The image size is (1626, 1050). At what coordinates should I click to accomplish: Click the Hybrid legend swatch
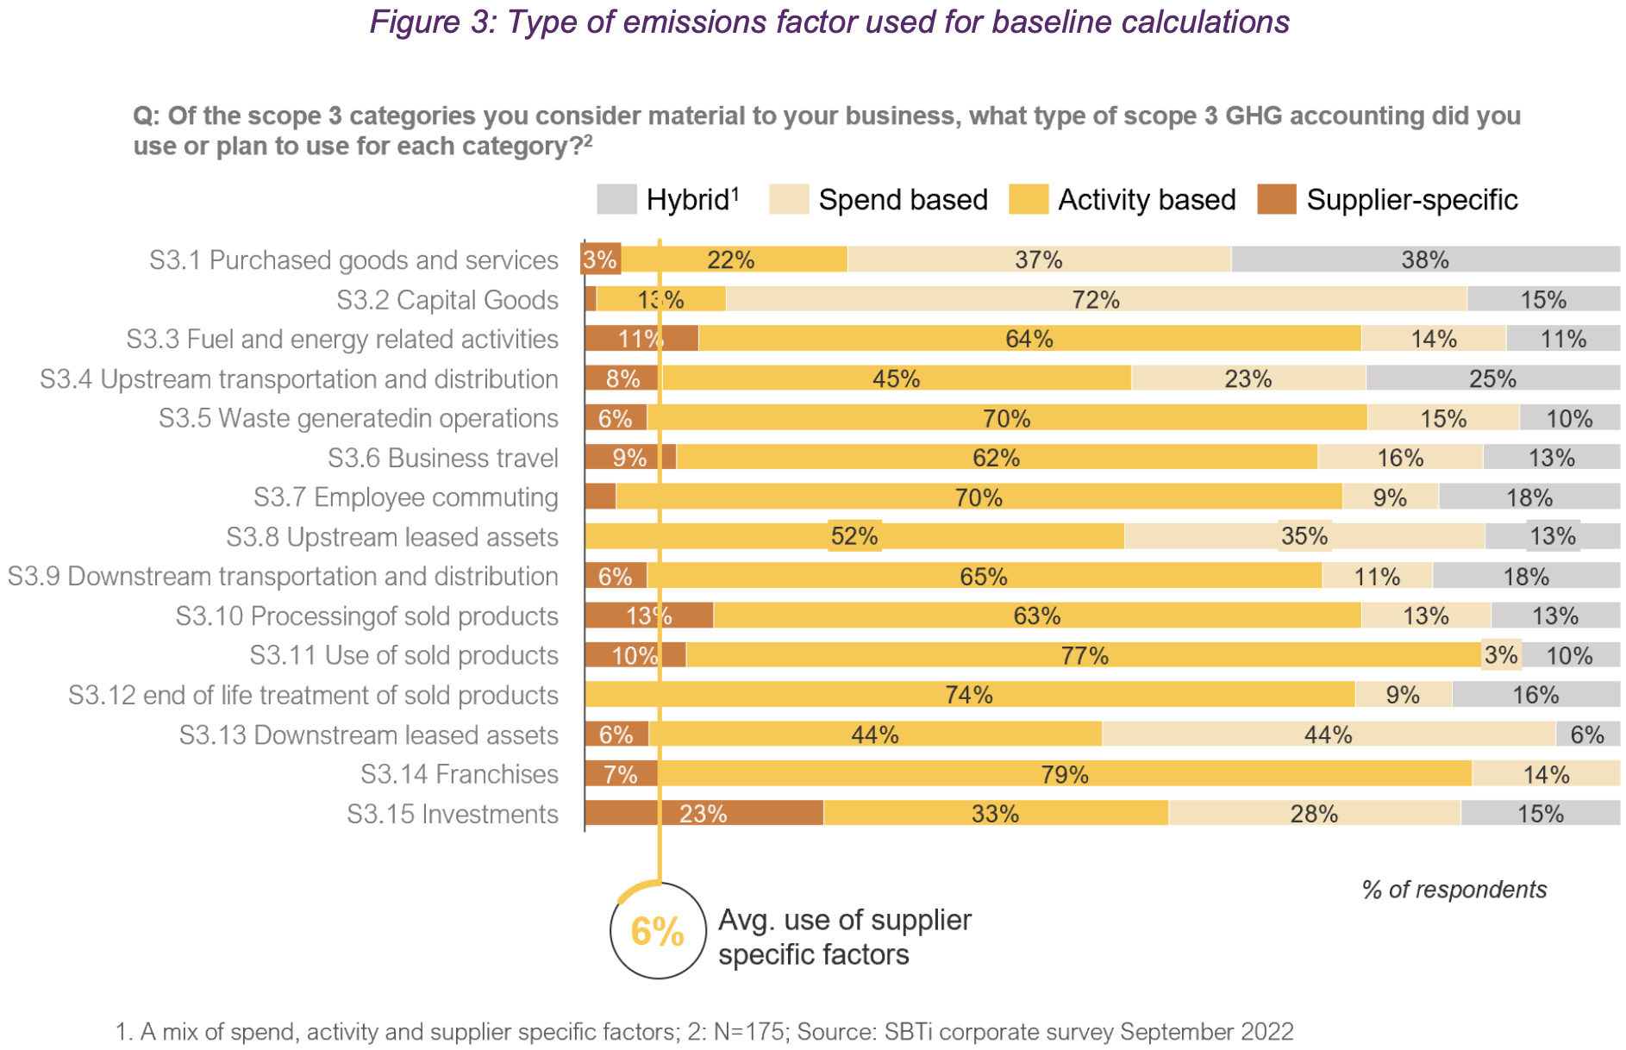[x=616, y=199]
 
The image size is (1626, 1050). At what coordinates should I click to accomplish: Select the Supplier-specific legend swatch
[x=1276, y=199]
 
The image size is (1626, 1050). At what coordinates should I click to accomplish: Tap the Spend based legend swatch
[x=788, y=199]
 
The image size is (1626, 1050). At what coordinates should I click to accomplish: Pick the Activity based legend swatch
[x=1028, y=199]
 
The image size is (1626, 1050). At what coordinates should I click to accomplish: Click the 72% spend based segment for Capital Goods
[x=1096, y=299]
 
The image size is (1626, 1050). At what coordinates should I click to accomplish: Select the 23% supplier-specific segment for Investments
[x=704, y=813]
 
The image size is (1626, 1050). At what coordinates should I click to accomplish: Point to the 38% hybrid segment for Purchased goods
[x=1424, y=259]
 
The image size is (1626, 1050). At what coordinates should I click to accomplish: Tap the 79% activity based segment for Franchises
[x=1065, y=773]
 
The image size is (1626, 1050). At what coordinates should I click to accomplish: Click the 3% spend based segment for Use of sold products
[x=1501, y=655]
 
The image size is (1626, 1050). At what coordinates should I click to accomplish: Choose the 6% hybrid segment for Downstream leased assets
[x=1587, y=734]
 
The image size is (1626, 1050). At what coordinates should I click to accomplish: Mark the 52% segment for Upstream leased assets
[x=854, y=536]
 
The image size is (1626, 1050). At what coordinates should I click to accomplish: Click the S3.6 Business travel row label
[x=442, y=458]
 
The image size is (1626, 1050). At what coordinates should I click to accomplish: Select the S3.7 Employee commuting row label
[x=405, y=497]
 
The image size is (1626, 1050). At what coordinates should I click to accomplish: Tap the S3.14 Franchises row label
[x=459, y=774]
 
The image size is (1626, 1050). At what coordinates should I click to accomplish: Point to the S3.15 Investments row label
[x=452, y=814]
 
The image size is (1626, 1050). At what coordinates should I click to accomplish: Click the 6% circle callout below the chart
[x=658, y=931]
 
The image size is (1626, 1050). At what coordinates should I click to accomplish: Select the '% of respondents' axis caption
[x=1454, y=890]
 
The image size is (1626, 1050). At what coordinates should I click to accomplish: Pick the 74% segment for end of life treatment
[x=969, y=695]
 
